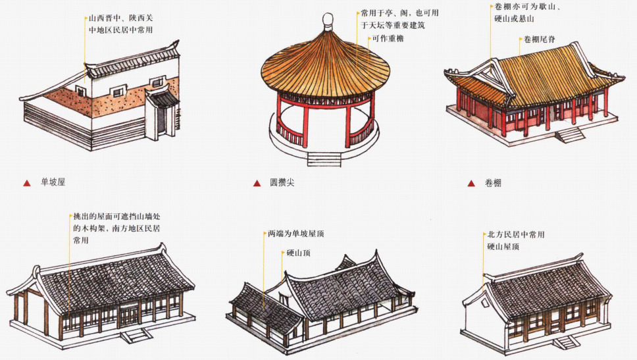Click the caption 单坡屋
click(53, 182)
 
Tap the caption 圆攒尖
click(282, 182)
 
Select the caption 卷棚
click(492, 183)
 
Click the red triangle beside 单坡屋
click(27, 183)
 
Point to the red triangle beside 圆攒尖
click(257, 183)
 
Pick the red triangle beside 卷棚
click(471, 183)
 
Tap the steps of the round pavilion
click(324, 159)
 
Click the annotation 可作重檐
click(388, 39)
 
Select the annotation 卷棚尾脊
click(540, 39)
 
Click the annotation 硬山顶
click(301, 252)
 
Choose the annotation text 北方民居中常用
click(515, 234)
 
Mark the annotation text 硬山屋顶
click(503, 247)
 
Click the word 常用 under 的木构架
click(81, 241)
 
